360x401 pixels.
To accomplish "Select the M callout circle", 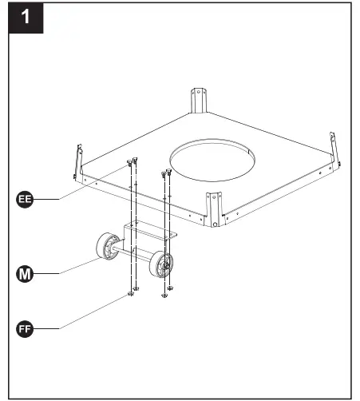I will pyautogui.click(x=25, y=274).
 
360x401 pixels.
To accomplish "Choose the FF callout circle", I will pyautogui.click(x=25, y=328).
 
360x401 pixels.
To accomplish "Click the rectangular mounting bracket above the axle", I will pyautogui.click(x=149, y=233).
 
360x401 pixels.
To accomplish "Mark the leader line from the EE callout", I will pyautogui.click(x=80, y=188).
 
